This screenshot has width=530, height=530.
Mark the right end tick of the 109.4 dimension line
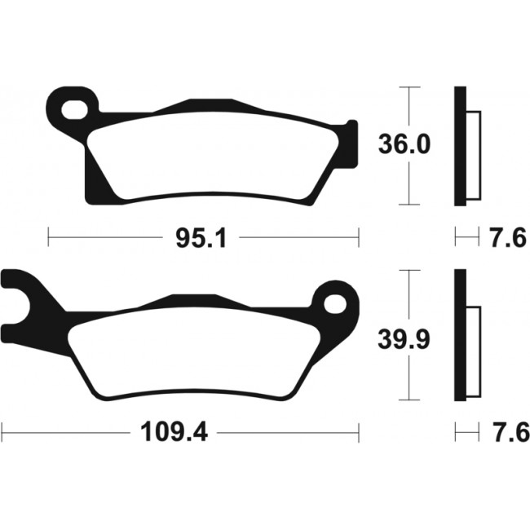point(357,430)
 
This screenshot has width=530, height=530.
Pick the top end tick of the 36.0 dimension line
point(408,86)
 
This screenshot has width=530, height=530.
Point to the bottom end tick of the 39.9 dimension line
point(408,401)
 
